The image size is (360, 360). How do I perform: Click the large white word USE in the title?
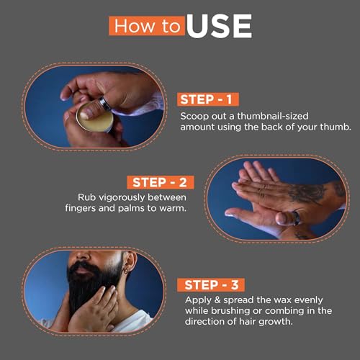point(219,26)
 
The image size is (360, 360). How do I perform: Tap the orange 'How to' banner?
point(147,26)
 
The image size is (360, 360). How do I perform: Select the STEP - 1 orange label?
point(208,99)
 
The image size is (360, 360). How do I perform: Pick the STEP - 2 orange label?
point(161,182)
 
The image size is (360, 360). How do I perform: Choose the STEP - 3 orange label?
point(211,285)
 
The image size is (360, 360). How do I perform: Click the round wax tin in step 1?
point(95,117)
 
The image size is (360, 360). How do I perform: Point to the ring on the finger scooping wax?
point(104,103)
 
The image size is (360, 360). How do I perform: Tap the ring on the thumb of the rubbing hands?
point(295,218)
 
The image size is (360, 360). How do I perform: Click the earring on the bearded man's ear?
point(125,271)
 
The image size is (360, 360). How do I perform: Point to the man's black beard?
point(92,286)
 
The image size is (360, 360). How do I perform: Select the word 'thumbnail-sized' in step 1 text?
point(273,116)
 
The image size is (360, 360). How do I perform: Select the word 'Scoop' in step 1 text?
point(194,117)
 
